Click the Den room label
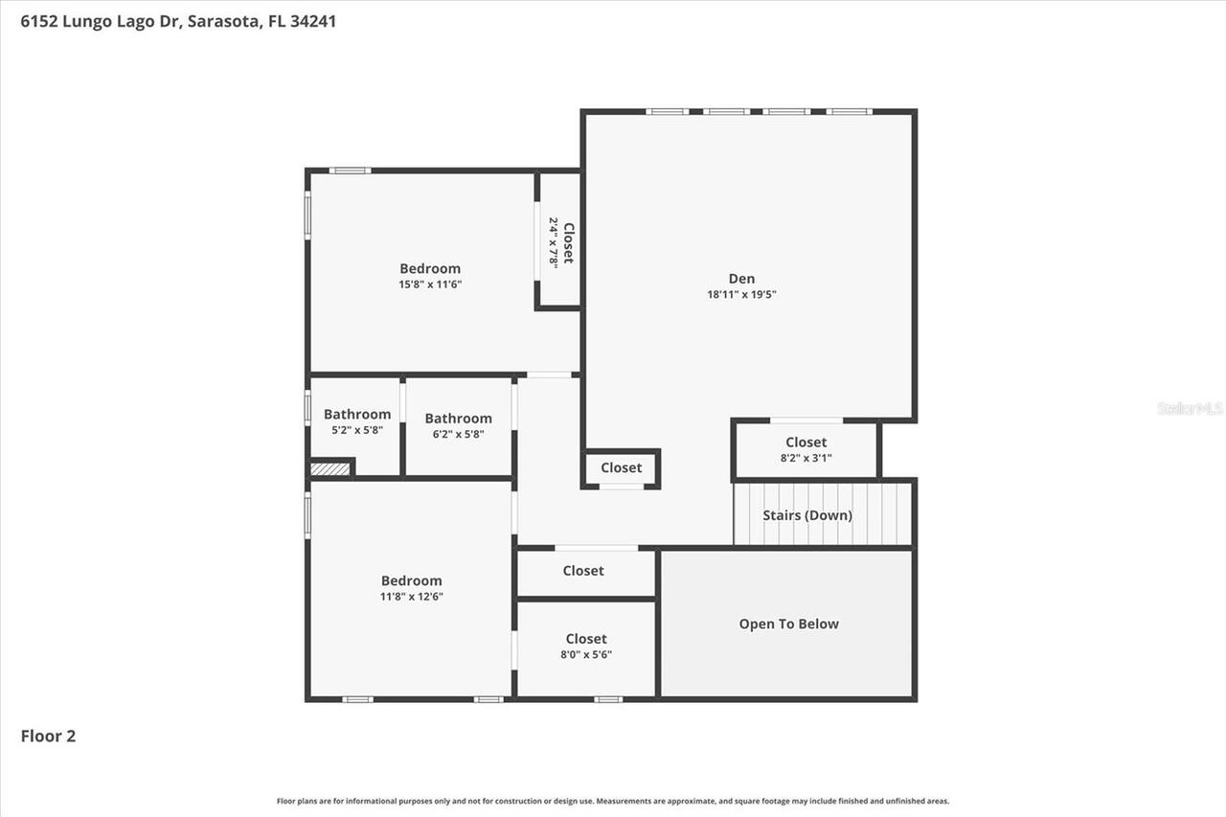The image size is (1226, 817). coord(741,279)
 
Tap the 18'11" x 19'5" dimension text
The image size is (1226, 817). coord(741,295)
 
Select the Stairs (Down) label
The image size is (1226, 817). coord(806,515)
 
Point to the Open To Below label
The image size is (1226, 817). coord(788,624)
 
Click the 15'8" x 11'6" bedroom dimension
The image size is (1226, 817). coord(430,284)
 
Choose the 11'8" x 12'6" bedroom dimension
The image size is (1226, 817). coord(412,597)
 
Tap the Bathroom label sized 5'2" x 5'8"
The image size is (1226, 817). coord(356,415)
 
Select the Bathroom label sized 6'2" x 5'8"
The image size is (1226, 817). coord(458,419)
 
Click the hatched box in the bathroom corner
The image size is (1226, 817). coord(330,469)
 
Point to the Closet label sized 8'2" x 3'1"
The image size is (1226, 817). coord(806,443)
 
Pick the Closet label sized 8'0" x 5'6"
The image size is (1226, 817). coord(585,639)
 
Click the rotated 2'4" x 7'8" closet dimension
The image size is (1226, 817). coord(554,241)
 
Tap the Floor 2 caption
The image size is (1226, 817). coord(48,736)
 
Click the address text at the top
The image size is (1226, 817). coord(178,20)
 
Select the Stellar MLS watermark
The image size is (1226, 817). coord(1190,408)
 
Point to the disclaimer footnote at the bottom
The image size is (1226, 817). coord(613,801)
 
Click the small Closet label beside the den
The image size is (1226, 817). coord(621,467)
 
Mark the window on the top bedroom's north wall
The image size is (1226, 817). coord(350,170)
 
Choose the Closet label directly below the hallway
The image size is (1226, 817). coord(583,571)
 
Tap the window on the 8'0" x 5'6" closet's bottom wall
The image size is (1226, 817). coord(607,699)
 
